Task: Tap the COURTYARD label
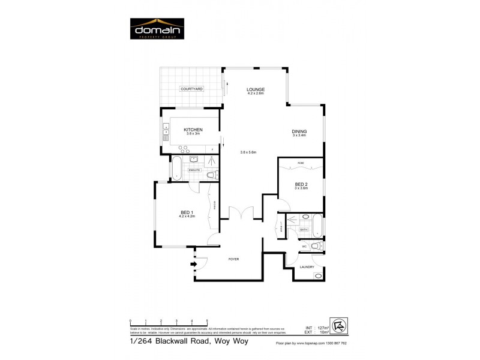pos(192,89)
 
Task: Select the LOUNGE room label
pos(256,90)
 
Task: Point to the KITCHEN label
pos(193,130)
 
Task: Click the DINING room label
pos(299,131)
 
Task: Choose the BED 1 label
pos(187,212)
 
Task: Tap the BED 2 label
pos(301,184)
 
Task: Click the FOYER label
pos(233,259)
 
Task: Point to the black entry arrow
pos(193,263)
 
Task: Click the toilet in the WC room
pos(317,245)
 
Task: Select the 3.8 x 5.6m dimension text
pos(248,152)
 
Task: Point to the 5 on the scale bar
pos(207,322)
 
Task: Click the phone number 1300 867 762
pos(334,343)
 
